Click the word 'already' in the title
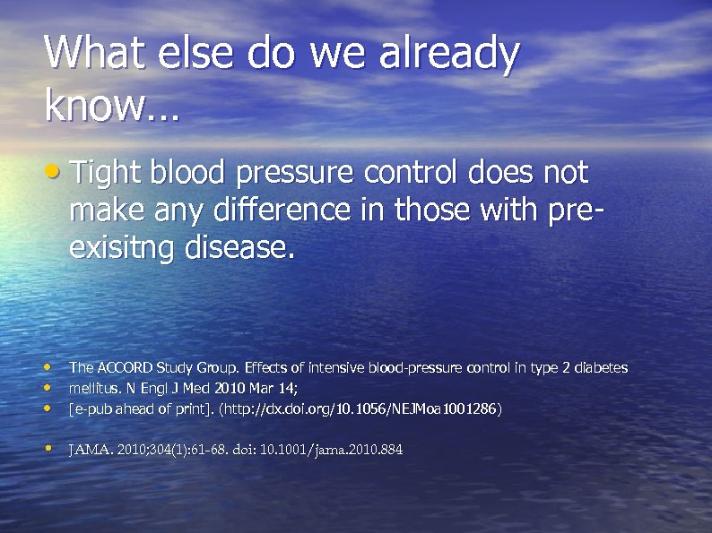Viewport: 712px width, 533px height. point(448,55)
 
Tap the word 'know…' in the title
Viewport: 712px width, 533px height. point(112,107)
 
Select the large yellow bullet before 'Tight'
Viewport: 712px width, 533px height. point(55,170)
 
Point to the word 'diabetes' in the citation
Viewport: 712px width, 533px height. point(602,368)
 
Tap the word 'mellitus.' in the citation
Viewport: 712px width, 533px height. point(94,389)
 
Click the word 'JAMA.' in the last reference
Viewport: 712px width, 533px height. point(90,450)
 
